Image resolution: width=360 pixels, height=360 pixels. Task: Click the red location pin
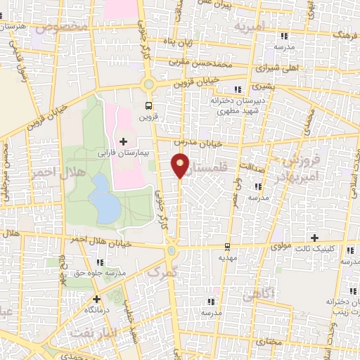(x=181, y=166)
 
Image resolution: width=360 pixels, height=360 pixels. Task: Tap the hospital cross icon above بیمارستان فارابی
(x=124, y=142)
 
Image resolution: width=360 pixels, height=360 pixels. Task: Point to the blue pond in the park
(x=103, y=198)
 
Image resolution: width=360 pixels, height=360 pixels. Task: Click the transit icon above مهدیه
(x=226, y=247)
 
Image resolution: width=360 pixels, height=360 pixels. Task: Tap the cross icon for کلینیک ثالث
(x=315, y=238)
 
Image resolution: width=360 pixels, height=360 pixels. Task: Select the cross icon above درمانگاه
(x=96, y=299)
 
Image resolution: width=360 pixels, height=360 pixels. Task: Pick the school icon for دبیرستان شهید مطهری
(x=238, y=89)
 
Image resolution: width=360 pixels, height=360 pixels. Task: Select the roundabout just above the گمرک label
(x=172, y=250)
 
